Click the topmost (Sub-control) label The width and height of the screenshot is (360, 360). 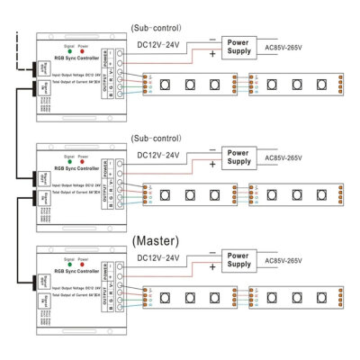pyautogui.click(x=158, y=28)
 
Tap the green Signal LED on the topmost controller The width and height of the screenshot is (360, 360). pyautogui.click(x=68, y=49)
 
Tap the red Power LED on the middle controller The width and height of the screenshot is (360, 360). pyautogui.click(x=84, y=157)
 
